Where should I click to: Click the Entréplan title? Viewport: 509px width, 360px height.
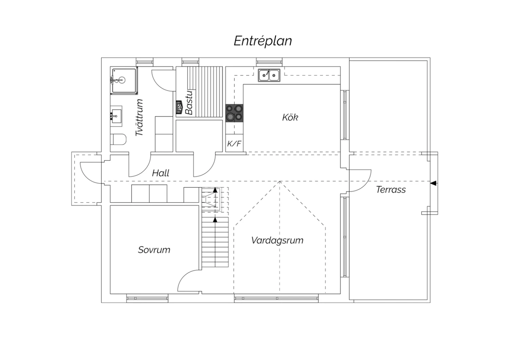point(263,41)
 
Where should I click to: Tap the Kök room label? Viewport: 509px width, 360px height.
point(290,118)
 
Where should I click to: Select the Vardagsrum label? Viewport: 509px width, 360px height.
point(277,240)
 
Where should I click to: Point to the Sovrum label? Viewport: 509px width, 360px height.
point(154,250)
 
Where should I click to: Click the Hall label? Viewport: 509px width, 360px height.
point(161,173)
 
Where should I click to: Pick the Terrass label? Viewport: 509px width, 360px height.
point(391,190)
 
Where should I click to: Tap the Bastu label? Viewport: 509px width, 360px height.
point(189,103)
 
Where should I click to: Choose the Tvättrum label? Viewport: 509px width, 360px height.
point(139,118)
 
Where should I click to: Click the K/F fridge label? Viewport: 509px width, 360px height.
point(234,144)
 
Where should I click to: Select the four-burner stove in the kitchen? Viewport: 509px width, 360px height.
point(234,113)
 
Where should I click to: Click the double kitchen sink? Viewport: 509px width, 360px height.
point(269,75)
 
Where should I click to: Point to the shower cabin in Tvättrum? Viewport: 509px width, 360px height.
point(124,80)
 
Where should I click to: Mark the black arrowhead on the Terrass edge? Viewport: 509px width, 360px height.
point(433,183)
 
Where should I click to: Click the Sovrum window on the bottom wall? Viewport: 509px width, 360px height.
point(147,299)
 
